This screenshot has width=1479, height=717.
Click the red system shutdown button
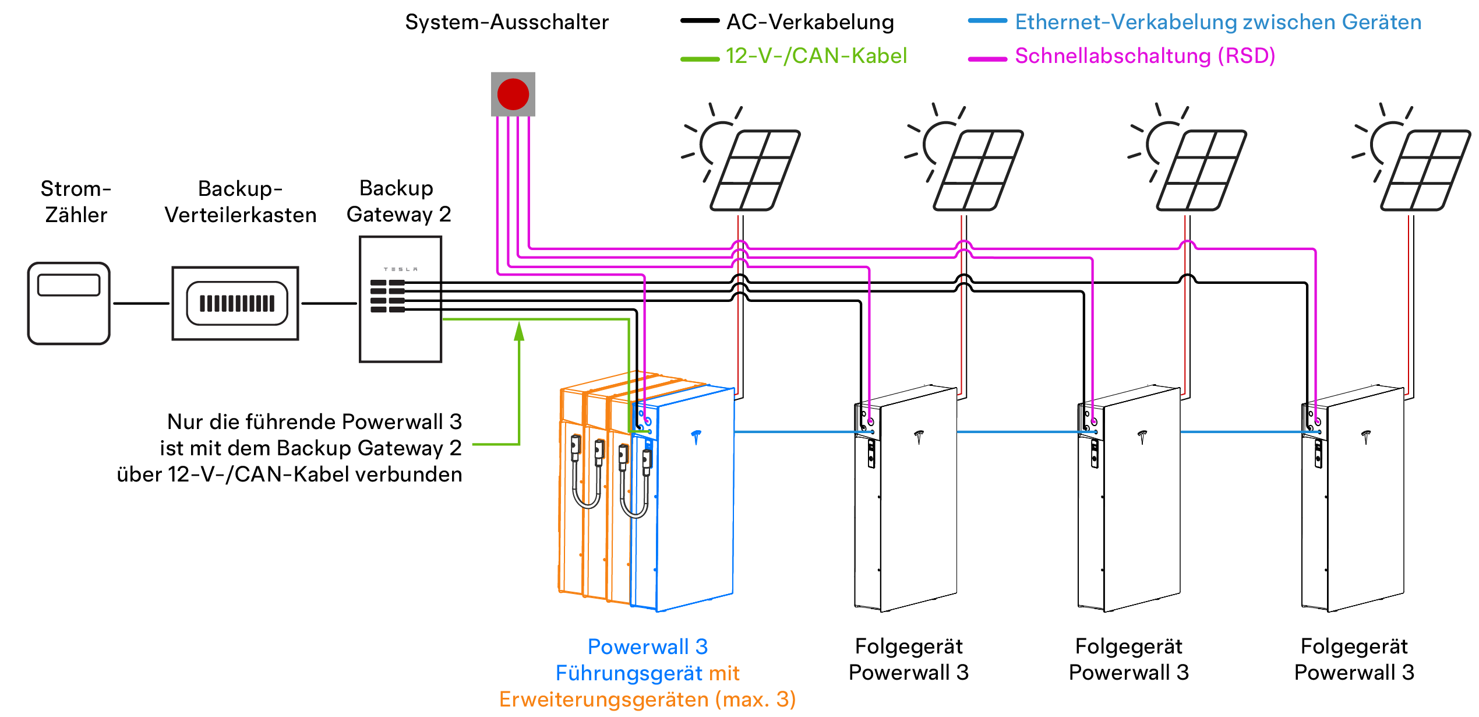tap(513, 94)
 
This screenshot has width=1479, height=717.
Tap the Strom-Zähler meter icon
tap(69, 303)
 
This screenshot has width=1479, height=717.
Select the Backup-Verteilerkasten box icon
tap(235, 303)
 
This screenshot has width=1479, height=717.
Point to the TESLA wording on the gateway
tap(400, 269)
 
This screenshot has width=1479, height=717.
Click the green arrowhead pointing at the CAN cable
tap(519, 332)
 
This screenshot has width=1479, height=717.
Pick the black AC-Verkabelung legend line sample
tap(700, 21)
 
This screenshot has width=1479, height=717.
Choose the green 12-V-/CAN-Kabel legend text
tap(816, 56)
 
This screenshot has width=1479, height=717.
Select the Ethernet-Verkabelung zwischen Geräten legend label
tap(1218, 22)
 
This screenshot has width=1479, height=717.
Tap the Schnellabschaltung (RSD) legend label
tap(1145, 56)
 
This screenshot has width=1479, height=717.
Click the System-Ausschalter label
tap(507, 22)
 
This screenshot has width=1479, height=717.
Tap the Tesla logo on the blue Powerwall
tap(696, 436)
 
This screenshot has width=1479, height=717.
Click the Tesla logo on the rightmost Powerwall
tap(1366, 436)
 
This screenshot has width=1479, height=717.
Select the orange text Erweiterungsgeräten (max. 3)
tap(647, 700)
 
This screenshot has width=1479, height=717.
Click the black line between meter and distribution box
tap(141, 303)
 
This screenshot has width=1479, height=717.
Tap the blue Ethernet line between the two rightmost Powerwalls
tap(1241, 432)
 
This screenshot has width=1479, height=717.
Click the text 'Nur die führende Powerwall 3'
tap(315, 421)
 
